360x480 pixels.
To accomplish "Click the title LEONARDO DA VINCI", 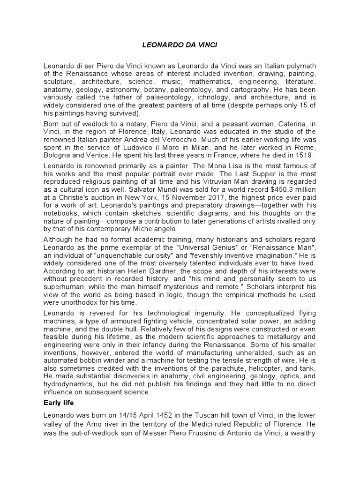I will point(180,45).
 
